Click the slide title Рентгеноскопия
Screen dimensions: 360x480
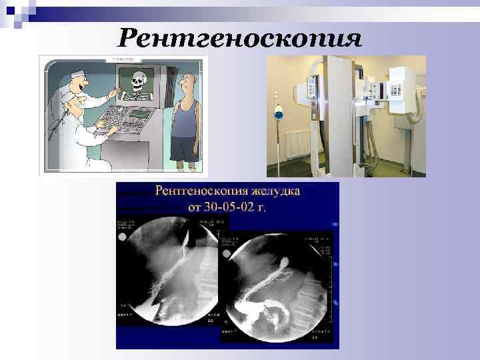point(240,37)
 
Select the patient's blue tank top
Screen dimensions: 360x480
point(185,119)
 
